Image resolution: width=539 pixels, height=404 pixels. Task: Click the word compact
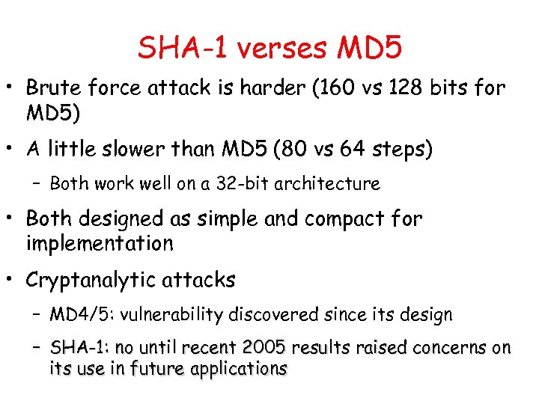click(333, 218)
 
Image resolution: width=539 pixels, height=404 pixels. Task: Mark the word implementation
click(100, 243)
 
